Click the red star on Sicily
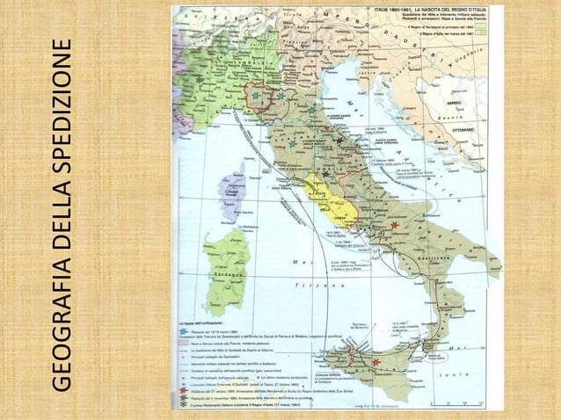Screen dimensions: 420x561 point(375,361)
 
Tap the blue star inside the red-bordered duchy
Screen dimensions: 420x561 point(256,95)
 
